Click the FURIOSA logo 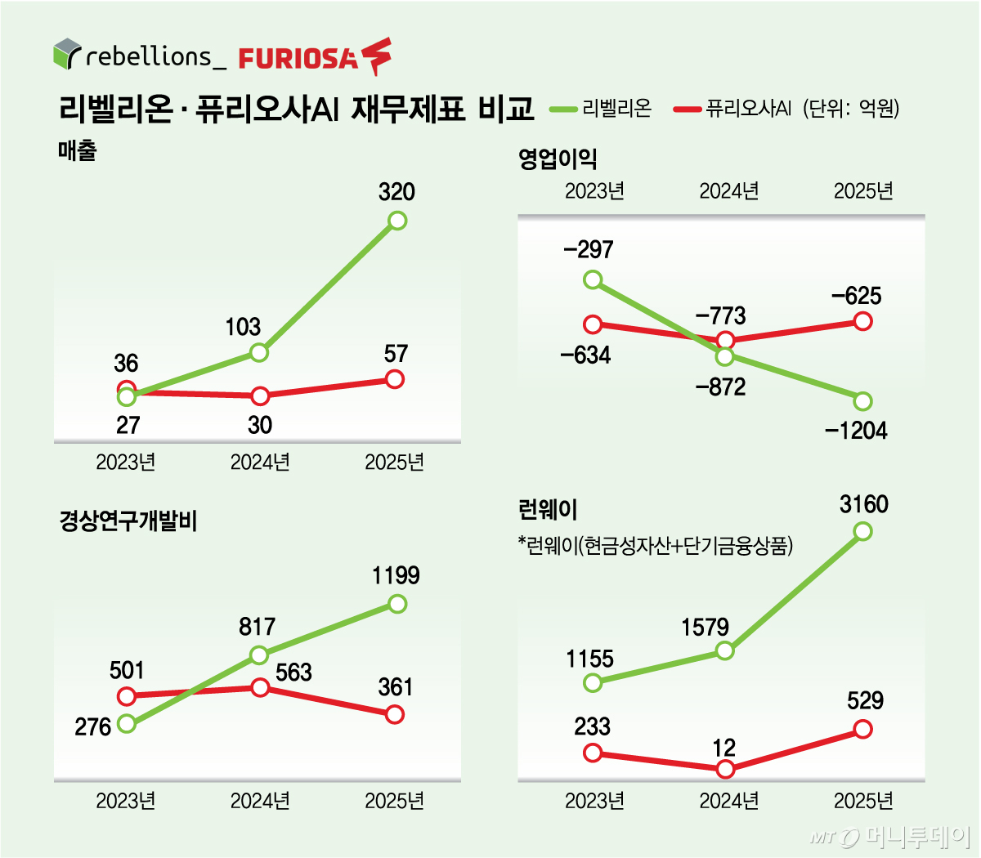coord(315,57)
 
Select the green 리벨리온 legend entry coord(601,108)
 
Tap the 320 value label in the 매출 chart coord(396,192)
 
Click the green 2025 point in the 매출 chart coord(397,220)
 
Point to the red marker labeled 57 coord(395,379)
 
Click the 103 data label coord(243,327)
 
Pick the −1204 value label coord(856,431)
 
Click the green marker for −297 coord(594,280)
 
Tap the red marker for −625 coord(863,321)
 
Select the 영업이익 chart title coord(558,159)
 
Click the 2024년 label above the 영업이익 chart coord(728,191)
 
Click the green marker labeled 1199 coord(397,604)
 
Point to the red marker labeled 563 coord(260,687)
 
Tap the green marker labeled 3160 coord(863,531)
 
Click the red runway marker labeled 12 coord(725,769)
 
